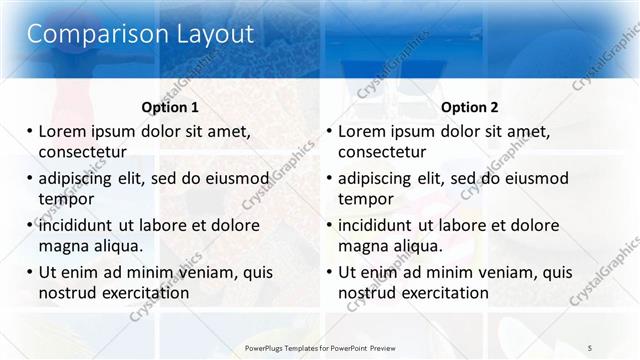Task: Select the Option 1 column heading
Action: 171,107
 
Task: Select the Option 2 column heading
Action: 470,107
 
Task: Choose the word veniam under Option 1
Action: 205,272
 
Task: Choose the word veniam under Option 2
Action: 505,272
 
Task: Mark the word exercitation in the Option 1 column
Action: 143,293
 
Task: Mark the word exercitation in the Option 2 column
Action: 443,293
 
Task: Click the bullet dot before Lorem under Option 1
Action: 30,131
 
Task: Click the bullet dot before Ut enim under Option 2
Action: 329,272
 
